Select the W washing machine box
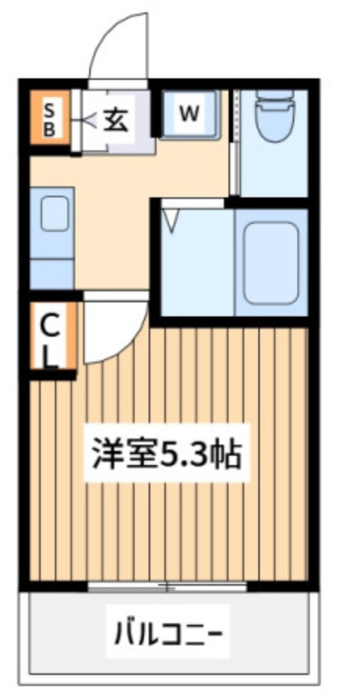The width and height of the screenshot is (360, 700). (x=189, y=114)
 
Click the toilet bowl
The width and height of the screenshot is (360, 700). (x=273, y=124)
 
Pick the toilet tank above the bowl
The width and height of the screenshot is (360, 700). (x=273, y=99)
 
